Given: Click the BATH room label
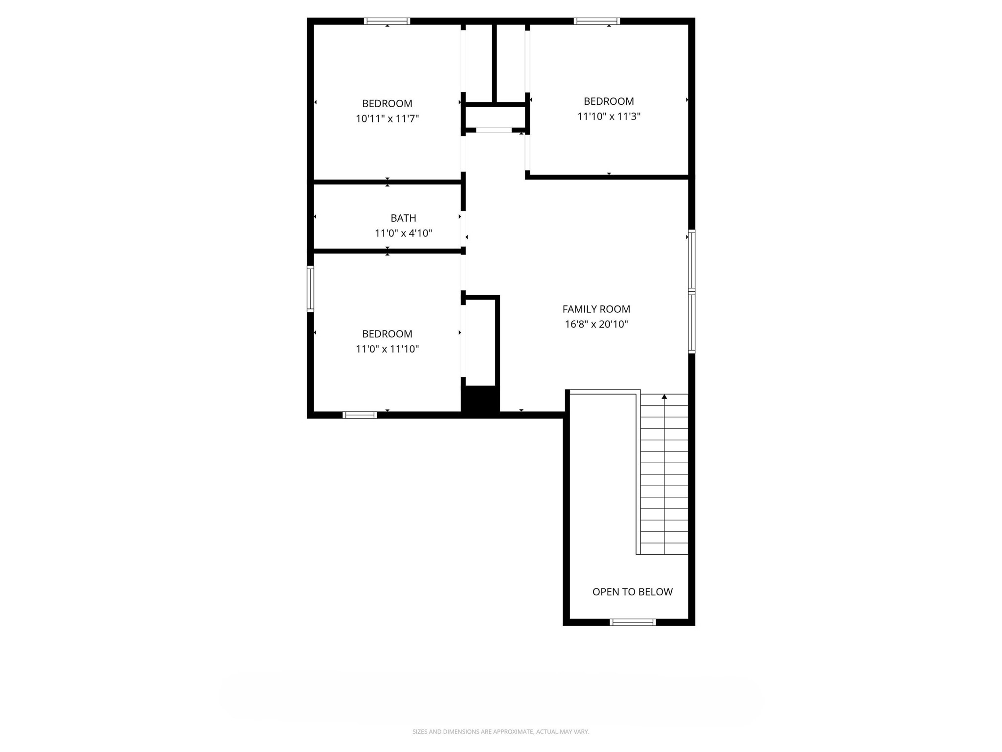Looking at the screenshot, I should click(x=403, y=218).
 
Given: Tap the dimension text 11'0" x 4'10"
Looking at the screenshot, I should click(x=403, y=233).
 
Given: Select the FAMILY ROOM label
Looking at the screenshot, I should click(x=596, y=309).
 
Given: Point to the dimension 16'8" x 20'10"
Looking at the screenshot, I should click(x=596, y=324).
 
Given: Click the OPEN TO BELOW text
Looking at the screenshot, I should click(x=632, y=592).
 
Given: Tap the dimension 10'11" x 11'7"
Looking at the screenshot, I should click(x=387, y=118).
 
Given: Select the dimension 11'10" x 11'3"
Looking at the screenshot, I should click(x=609, y=117).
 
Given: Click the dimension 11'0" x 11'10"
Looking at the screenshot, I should click(x=387, y=349).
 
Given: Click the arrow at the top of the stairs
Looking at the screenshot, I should click(x=664, y=397).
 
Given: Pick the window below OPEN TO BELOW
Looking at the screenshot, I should click(x=632, y=622).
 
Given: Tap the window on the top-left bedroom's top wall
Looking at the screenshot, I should click(x=387, y=21).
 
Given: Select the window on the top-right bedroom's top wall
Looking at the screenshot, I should click(x=596, y=21).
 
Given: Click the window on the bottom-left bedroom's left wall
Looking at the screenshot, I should click(x=310, y=288).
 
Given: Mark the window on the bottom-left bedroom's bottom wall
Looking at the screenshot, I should click(x=360, y=415).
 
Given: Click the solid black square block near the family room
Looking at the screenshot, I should click(x=480, y=400).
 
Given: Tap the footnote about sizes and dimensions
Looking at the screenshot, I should click(x=501, y=731).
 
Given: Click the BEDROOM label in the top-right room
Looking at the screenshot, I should click(x=609, y=101).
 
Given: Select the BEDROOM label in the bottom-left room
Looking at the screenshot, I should click(x=387, y=334).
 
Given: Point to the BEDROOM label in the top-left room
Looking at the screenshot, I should click(x=387, y=103).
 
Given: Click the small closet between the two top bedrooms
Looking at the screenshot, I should click(x=495, y=117).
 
